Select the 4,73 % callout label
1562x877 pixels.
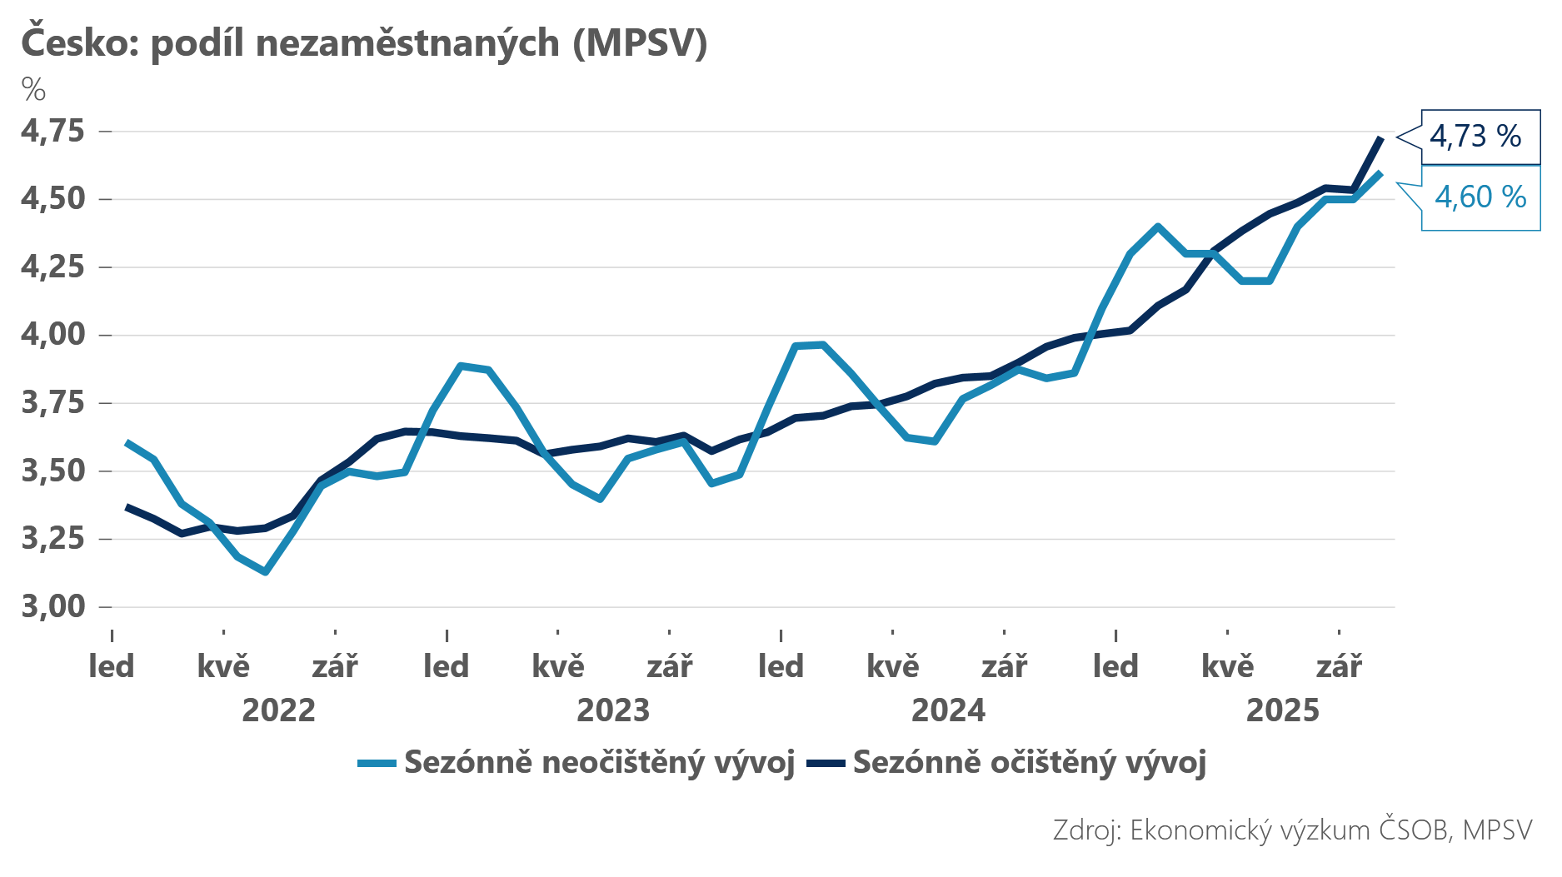pos(1475,136)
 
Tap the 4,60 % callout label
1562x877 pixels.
pos(1480,197)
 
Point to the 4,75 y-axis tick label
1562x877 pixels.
pos(53,131)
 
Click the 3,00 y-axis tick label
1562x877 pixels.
pos(53,606)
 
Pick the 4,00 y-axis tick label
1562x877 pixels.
pos(53,335)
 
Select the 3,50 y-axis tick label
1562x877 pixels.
pos(53,471)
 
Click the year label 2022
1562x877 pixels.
pos(278,710)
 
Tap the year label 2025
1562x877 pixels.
pos(1282,710)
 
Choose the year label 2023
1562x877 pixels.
pos(613,710)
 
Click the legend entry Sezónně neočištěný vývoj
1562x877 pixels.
pos(598,762)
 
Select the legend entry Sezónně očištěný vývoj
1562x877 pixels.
pos(1029,762)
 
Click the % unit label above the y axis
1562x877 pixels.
pos(33,89)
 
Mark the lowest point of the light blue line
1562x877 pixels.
pos(265,572)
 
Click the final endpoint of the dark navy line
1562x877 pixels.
pos(1381,138)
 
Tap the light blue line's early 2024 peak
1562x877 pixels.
pos(822,344)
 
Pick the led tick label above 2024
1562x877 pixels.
pos(781,666)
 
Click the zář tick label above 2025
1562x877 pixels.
pos(1339,666)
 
